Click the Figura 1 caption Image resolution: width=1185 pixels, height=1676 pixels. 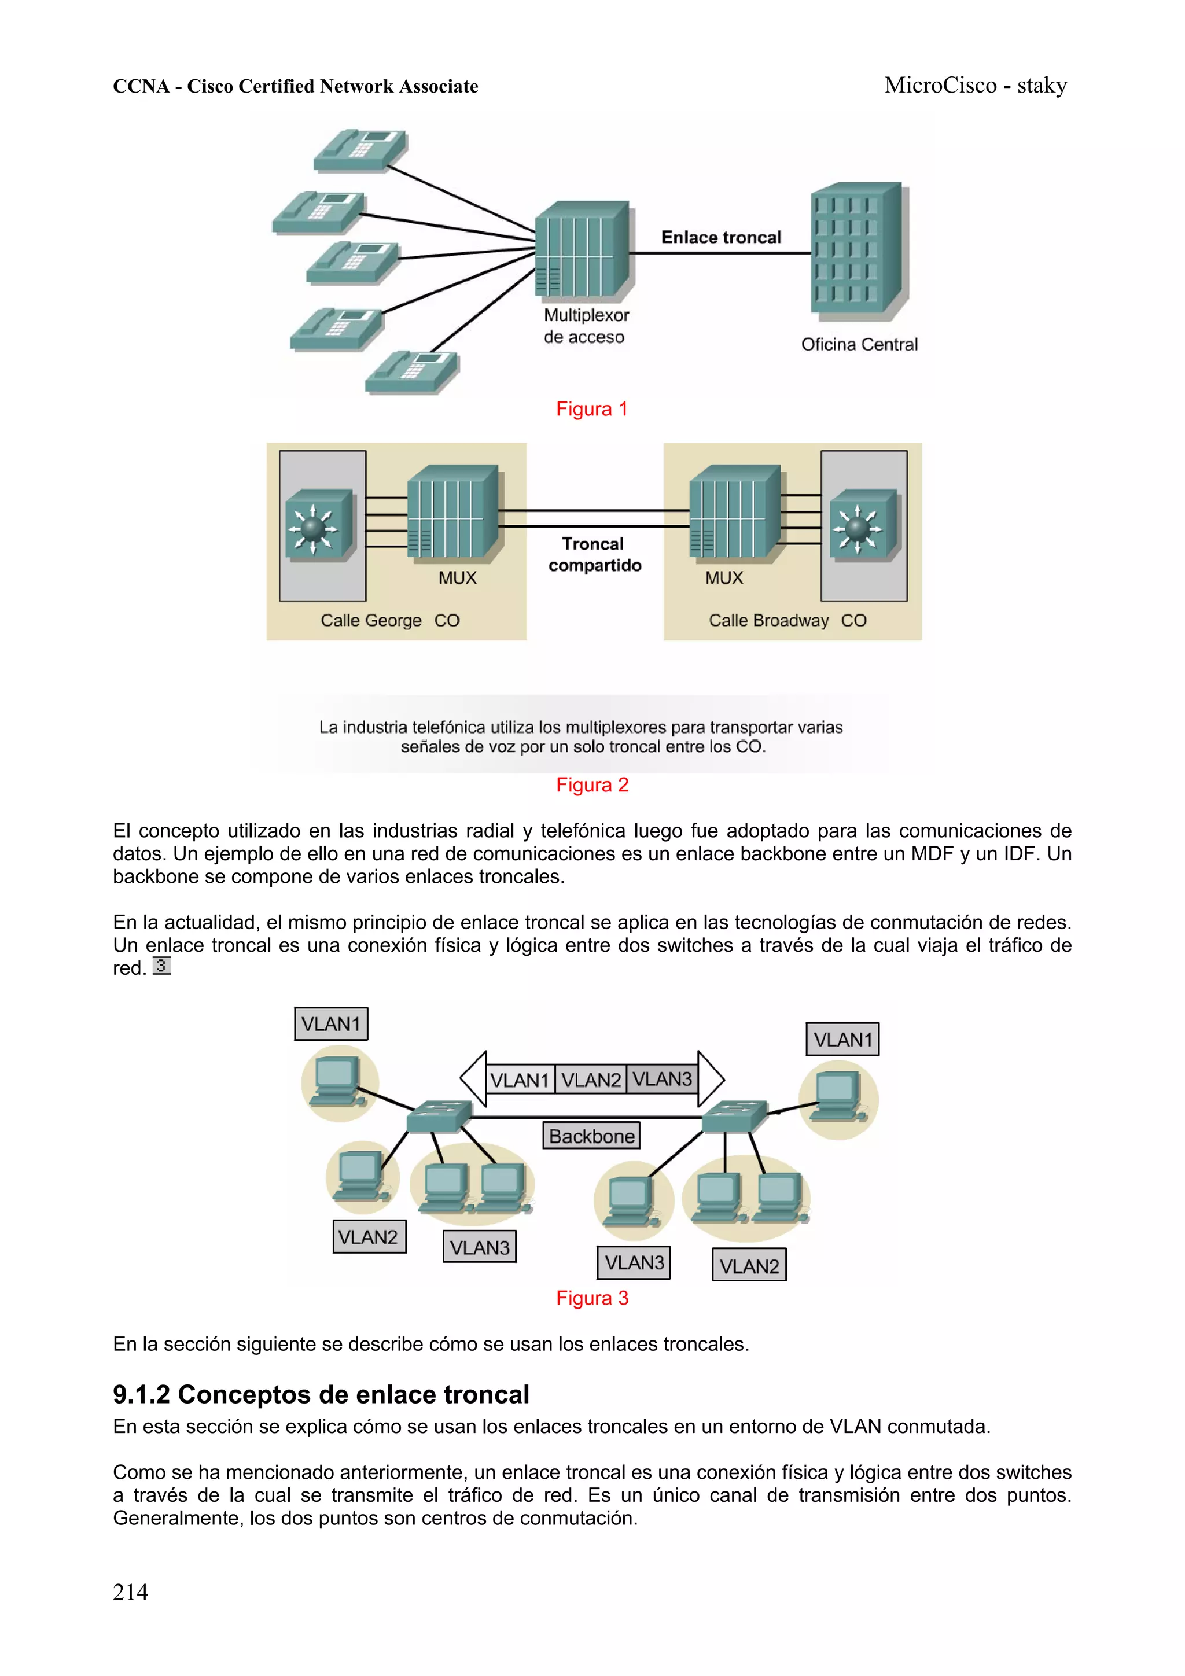pos(591,409)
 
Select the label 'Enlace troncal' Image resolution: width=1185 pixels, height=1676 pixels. pos(720,237)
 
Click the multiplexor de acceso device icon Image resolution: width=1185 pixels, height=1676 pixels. pos(582,251)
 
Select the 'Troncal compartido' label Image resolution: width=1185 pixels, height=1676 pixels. pos(594,555)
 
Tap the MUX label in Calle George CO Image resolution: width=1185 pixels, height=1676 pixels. pos(457,578)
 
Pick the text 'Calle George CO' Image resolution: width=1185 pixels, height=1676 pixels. pos(390,620)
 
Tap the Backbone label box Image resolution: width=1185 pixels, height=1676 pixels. pos(591,1136)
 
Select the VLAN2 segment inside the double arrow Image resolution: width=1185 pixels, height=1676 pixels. pos(591,1080)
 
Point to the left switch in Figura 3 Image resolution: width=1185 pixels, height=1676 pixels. pos(439,1115)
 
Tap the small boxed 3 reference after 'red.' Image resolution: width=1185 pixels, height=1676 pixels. pos(161,966)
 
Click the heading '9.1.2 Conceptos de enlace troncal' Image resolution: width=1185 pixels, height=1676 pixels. pos(321,1394)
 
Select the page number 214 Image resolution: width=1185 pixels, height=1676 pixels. pos(131,1592)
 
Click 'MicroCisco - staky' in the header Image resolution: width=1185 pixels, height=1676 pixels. pos(976,86)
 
